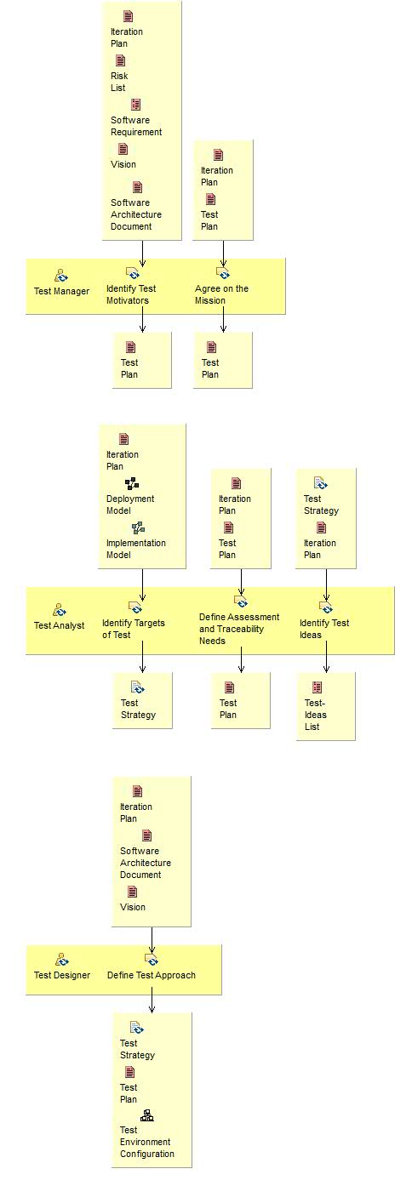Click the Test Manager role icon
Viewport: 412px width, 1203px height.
coord(61,276)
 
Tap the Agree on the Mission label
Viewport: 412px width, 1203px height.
coord(221,294)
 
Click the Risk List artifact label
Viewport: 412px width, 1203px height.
coord(119,82)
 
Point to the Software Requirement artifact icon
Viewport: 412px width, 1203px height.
coord(135,105)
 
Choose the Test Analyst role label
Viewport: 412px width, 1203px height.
coord(59,625)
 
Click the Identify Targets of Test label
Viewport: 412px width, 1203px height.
coord(134,629)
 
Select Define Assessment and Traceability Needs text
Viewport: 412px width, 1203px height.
coord(238,629)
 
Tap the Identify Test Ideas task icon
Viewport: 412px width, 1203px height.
coord(325,607)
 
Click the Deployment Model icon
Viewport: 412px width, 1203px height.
coord(131,483)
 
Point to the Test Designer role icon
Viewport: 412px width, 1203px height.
coord(61,960)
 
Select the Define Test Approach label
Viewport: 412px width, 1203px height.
coord(152,975)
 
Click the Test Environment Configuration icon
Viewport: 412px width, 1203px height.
coord(146,1116)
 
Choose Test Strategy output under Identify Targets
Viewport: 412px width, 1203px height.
coord(138,709)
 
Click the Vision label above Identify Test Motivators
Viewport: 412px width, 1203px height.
coord(123,164)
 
